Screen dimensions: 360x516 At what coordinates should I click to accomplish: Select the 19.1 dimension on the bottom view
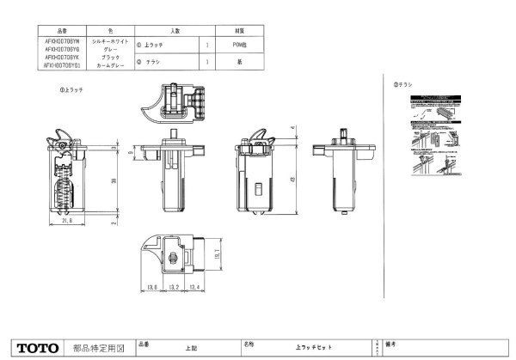[x=217, y=253]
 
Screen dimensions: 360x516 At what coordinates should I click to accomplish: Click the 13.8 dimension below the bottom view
[x=151, y=287]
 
